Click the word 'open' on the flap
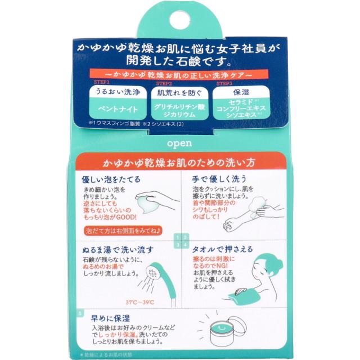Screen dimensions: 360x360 pyautogui.click(x=179, y=142)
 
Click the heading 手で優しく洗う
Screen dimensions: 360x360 pyautogui.click(x=216, y=180)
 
